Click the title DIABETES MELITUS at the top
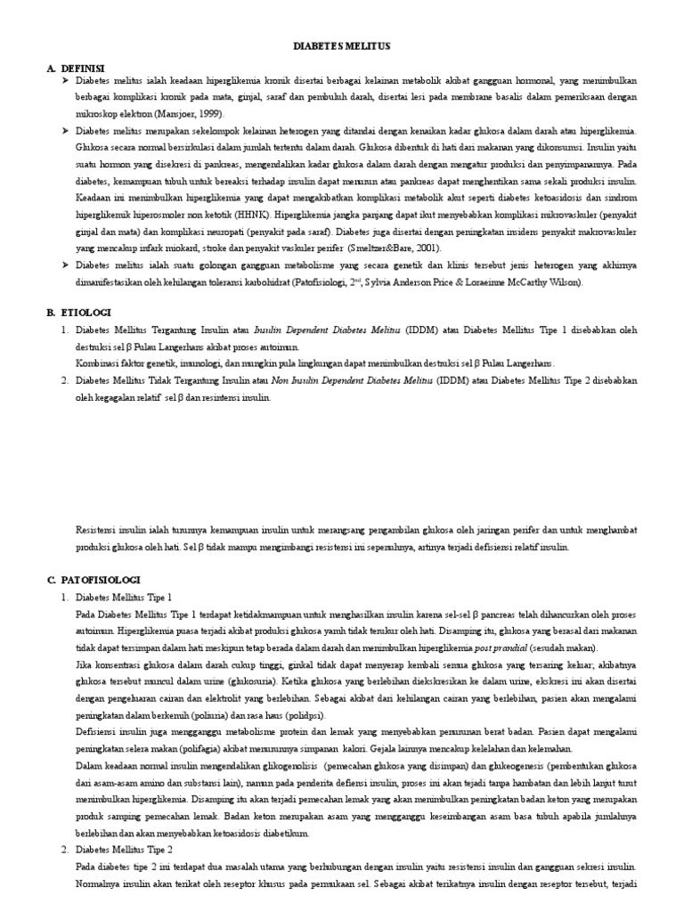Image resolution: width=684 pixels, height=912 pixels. coord(342,45)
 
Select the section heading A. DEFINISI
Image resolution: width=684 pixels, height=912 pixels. coord(77,68)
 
